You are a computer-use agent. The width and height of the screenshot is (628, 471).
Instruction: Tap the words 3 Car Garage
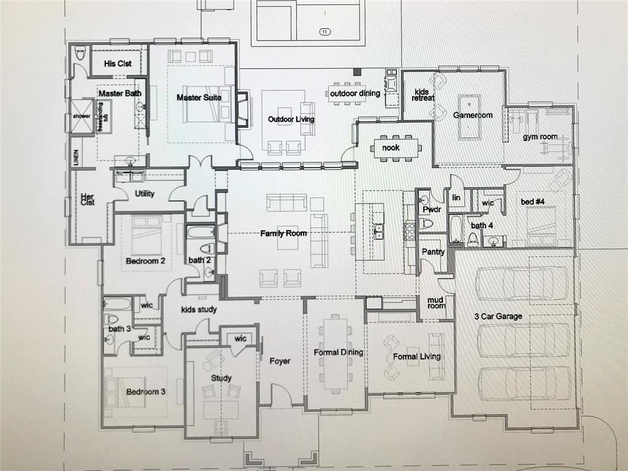pos(498,316)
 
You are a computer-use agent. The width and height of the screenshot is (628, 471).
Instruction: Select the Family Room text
pos(283,233)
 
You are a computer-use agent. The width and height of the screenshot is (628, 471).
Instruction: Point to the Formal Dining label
pos(339,352)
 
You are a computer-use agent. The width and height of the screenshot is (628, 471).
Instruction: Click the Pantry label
pos(433,252)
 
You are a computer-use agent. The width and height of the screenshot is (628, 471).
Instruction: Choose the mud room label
pos(436,302)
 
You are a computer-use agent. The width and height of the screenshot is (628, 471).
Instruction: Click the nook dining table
pos(396,148)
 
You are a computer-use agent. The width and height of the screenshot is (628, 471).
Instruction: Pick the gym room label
pos(540,136)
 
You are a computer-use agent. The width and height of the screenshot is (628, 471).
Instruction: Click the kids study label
pos(199,309)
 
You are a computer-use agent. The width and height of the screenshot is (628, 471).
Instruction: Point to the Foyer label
pos(280,361)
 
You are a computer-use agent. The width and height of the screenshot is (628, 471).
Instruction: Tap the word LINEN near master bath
pos(77,158)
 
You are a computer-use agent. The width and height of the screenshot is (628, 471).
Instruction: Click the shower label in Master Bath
pos(82,115)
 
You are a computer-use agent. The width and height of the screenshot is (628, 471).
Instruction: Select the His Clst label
pos(118,63)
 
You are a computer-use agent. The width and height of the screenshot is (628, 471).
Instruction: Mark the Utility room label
pos(145,193)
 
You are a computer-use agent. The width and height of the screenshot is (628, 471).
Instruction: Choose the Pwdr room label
pos(428,209)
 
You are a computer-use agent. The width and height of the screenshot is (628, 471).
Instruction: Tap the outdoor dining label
pos(355,93)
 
